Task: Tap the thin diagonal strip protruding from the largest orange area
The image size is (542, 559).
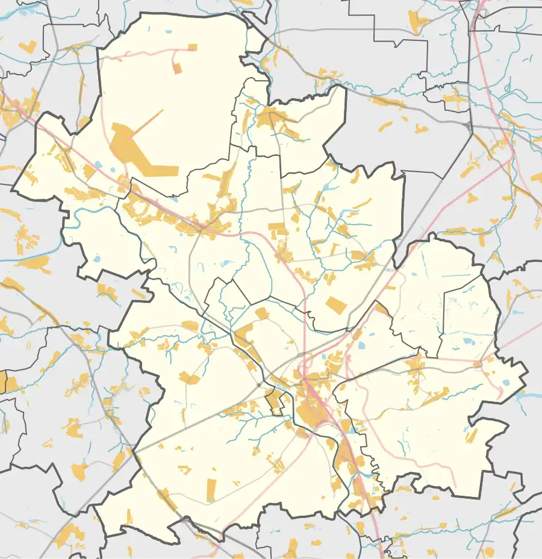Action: click(151, 120)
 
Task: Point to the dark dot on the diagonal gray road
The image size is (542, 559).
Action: click(259, 384)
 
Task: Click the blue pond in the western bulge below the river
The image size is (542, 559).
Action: click(97, 260)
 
